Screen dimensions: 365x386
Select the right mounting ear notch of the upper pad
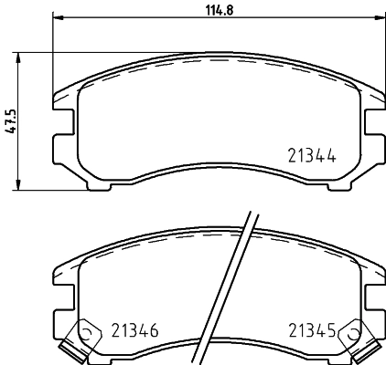(374, 122)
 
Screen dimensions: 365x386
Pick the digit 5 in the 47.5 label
(10, 112)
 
